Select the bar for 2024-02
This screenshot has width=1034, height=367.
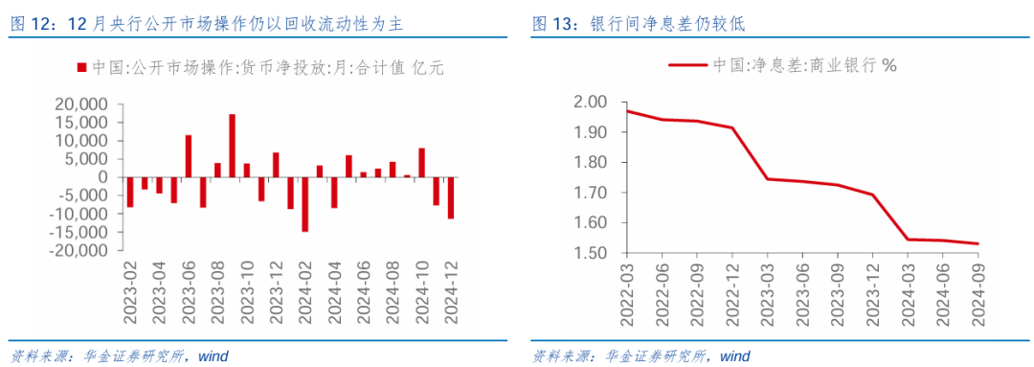(x=304, y=204)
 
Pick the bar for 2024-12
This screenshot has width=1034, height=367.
(x=450, y=197)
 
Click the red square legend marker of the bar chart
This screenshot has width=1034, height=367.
(x=80, y=68)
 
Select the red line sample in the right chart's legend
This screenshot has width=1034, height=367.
(x=686, y=66)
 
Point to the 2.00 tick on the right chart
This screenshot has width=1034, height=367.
(x=591, y=102)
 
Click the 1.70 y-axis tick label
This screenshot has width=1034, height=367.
(x=591, y=193)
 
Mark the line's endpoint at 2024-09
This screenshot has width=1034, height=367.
(x=978, y=243)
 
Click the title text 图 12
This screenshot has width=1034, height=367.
(x=29, y=24)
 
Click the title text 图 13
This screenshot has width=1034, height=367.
(x=552, y=24)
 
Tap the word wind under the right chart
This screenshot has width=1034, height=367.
(x=734, y=356)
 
